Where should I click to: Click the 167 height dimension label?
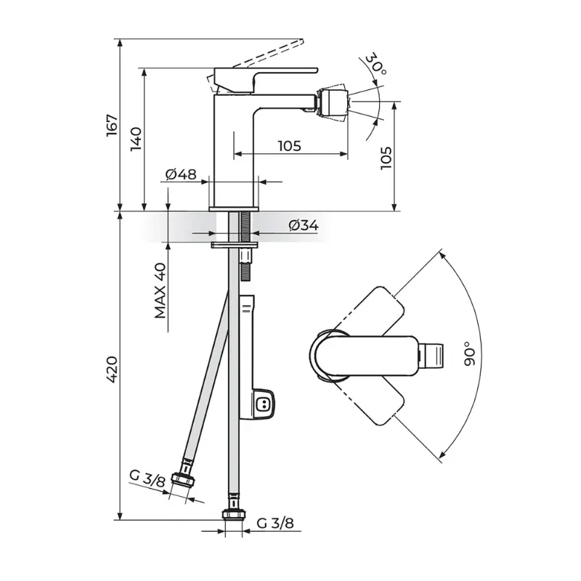coord(112,125)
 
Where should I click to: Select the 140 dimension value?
coord(136,139)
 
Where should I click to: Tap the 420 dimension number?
coord(112,369)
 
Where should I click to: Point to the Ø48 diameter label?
coord(181,174)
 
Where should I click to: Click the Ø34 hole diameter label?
coord(304,225)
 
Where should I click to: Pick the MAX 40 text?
coord(161,290)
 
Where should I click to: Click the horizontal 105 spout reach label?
coord(290,146)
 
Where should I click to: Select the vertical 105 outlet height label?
coord(386,158)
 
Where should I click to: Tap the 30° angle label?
coord(375,64)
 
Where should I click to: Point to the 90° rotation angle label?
coord(469,354)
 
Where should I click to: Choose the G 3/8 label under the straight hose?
coord(275,523)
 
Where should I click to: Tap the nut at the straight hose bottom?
coord(233,515)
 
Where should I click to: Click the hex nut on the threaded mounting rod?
coord(245,256)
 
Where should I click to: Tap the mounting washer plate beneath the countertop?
coord(235,245)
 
